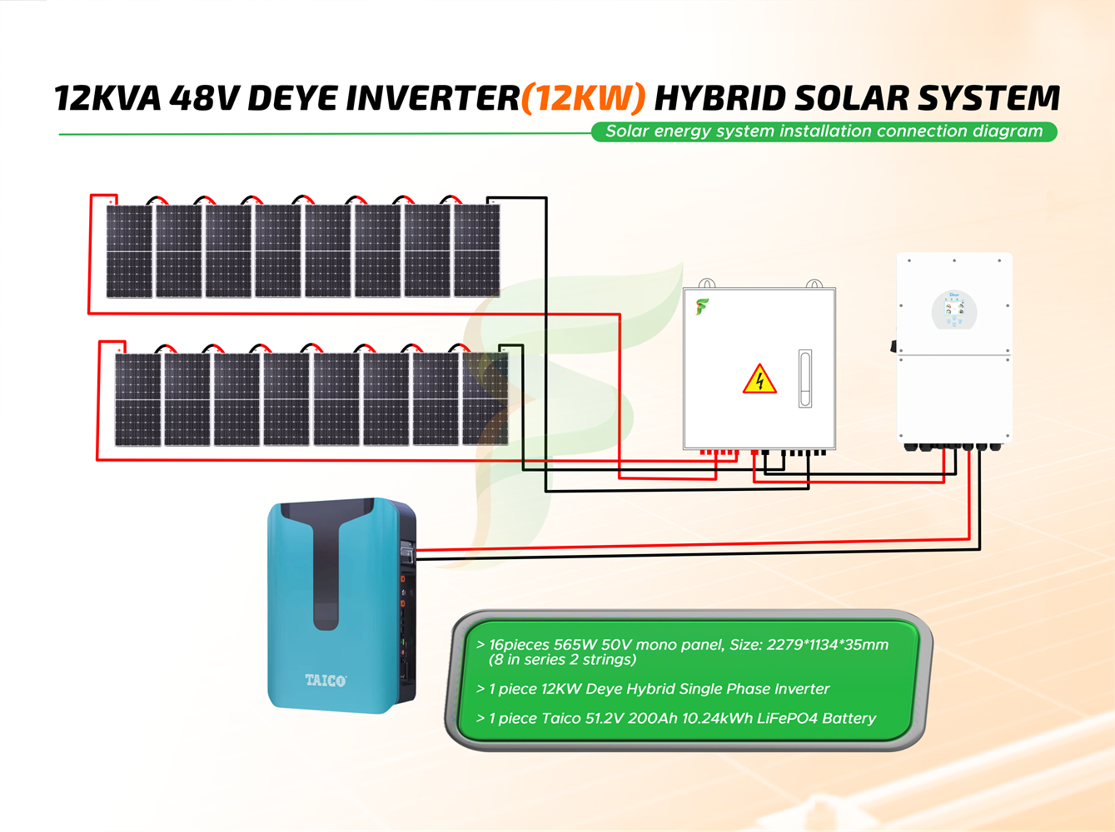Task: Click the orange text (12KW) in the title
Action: pos(583,99)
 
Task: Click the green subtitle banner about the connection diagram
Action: pos(824,131)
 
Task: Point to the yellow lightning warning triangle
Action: pos(759,380)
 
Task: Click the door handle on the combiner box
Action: pos(805,378)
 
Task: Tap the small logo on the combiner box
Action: pos(703,307)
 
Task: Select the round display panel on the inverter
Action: pos(954,310)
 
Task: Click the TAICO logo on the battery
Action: pos(326,681)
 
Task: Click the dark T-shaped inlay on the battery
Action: pos(326,566)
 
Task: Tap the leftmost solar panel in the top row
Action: pos(129,250)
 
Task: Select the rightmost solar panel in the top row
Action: pos(476,250)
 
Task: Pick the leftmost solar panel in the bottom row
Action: pos(137,399)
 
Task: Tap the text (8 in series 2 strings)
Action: pos(562,660)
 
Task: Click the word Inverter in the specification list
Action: pos(802,689)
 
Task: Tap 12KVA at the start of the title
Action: pos(107,99)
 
